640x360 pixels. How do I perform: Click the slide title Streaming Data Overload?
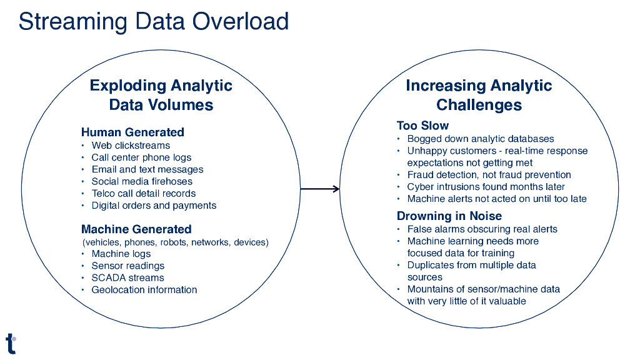click(153, 22)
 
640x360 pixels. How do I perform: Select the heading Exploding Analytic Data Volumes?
click(161, 95)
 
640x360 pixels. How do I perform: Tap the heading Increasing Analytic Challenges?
click(479, 95)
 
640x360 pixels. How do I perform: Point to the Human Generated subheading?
click(132, 132)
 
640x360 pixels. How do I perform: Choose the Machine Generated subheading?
click(136, 229)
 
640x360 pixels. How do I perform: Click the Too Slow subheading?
click(422, 126)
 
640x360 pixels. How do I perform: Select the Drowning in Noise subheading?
click(449, 216)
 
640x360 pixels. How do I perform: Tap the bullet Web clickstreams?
click(131, 146)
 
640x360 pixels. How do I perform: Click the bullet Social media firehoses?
click(142, 181)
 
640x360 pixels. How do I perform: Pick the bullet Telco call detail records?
click(144, 193)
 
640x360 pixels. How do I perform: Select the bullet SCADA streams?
click(127, 277)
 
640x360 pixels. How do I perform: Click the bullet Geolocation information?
click(144, 289)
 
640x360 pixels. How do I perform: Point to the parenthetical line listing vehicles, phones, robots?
click(175, 242)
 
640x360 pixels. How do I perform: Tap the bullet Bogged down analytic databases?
click(480, 139)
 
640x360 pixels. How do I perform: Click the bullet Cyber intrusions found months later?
click(486, 187)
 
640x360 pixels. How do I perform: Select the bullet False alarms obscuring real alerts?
click(482, 229)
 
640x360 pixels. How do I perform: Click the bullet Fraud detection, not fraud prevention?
click(489, 175)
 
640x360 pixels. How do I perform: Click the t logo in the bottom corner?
click(11, 343)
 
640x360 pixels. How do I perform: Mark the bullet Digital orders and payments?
click(154, 205)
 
